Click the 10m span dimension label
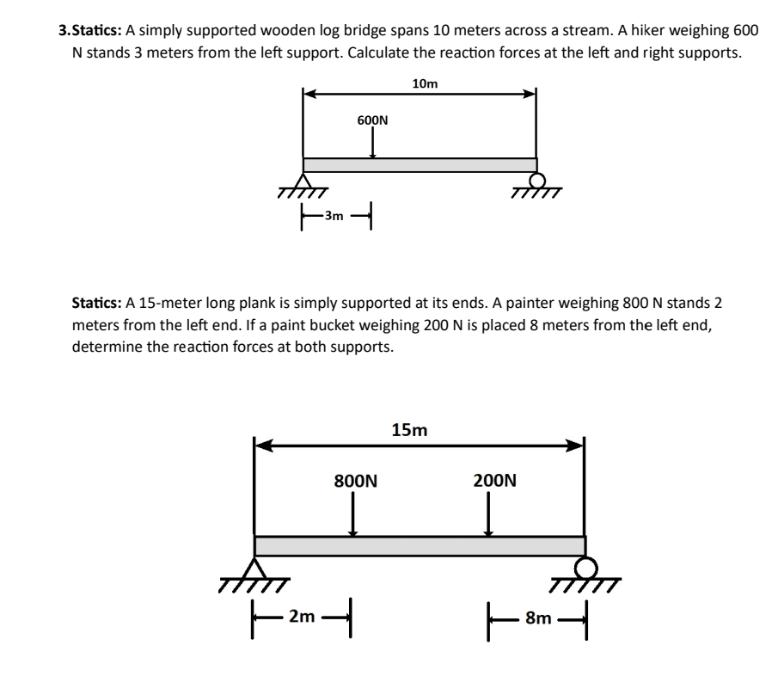point(425,83)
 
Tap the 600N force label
point(372,120)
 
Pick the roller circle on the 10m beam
point(537,181)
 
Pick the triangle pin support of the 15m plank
point(254,568)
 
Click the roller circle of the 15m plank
point(585,568)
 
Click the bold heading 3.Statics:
point(90,30)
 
